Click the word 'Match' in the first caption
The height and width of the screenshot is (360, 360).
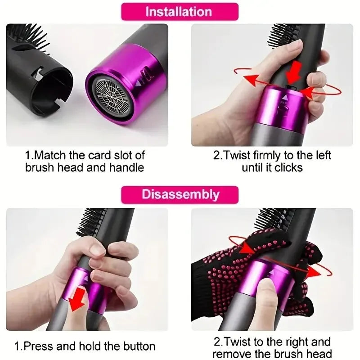[x=53, y=156]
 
